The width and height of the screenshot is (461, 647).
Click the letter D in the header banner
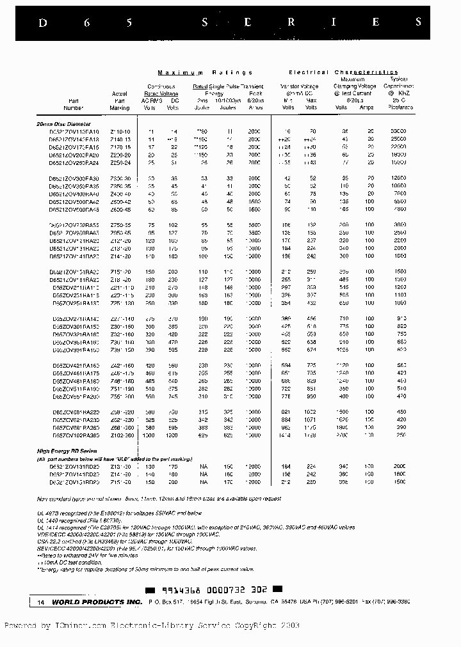point(43,22)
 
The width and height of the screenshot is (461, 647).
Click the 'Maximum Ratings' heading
point(205,72)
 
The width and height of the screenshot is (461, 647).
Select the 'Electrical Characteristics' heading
point(343,72)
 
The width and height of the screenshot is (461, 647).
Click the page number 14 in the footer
point(41,602)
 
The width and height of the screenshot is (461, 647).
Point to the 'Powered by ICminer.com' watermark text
point(151,626)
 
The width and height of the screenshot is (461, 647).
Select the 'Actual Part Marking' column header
point(119,100)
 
